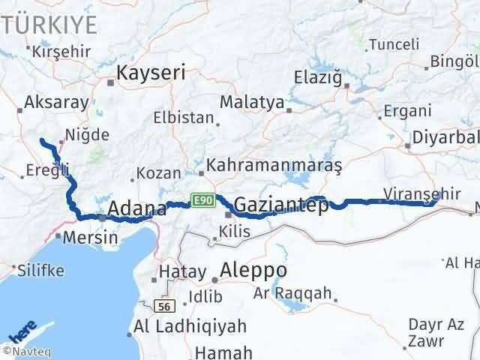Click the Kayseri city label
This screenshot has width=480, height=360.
[x=151, y=73]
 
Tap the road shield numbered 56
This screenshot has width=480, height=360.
[x=165, y=306]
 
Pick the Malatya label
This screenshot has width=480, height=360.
[x=253, y=103]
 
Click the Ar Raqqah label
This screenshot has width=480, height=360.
[x=292, y=294]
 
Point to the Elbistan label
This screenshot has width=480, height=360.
[x=183, y=117]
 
